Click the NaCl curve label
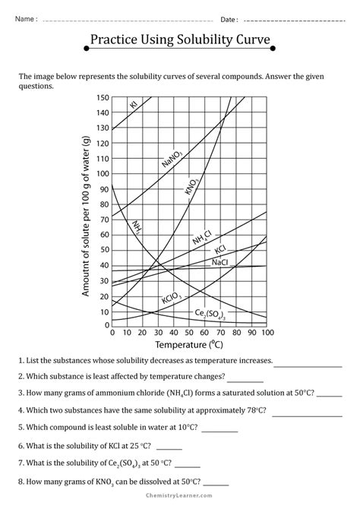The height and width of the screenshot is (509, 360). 220,262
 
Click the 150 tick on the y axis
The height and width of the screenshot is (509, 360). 104,97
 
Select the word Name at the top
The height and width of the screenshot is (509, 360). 24,18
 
